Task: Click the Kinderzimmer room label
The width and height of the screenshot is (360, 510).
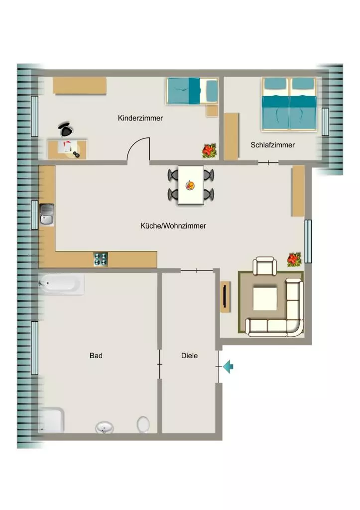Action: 140,118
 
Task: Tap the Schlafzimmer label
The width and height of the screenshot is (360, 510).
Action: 272,145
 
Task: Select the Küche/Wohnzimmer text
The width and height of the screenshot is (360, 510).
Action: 173,226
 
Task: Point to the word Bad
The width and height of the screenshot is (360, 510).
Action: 96,356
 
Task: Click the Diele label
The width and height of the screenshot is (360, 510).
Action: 189,356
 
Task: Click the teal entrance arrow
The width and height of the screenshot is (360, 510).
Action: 228,367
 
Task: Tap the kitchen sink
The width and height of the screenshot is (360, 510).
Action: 47,214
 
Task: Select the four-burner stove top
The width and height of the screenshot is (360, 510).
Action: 101,259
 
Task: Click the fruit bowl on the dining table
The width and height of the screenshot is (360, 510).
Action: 190,185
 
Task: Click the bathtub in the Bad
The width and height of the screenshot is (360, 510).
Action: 61,284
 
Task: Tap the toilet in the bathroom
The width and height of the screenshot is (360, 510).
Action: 143,424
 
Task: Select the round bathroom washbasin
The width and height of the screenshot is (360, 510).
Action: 105,427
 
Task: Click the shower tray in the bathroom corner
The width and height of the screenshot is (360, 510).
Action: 51,420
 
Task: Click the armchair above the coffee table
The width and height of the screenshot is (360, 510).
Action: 265,265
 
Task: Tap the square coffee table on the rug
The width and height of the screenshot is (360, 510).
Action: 265,298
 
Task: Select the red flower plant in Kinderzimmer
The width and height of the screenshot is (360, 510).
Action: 209,151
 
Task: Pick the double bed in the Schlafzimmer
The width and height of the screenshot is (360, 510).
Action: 289,104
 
